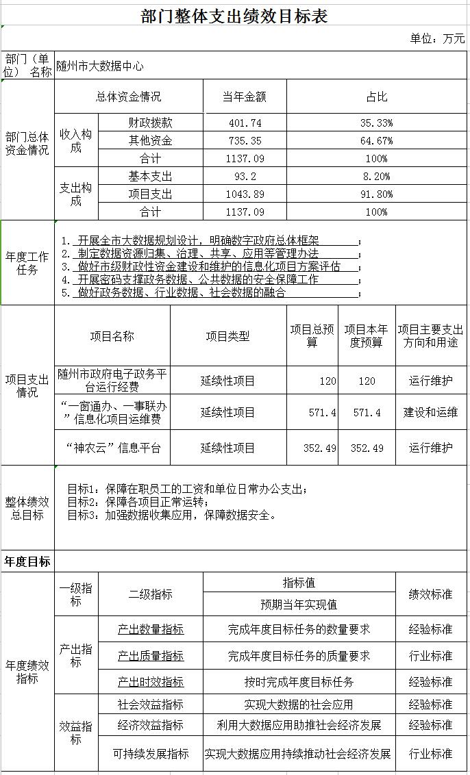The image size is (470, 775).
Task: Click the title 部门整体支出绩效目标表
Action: (234, 16)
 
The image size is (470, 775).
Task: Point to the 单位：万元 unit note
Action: (437, 39)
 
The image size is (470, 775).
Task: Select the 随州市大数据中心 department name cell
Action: (100, 66)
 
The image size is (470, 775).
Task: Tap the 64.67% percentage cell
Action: (376, 141)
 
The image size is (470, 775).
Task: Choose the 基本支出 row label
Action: (151, 177)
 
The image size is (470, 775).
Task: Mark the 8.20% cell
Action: (376, 177)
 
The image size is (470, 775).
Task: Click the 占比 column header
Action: (376, 97)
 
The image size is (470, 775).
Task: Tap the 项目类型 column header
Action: (227, 336)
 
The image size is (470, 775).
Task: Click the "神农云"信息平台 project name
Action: (113, 448)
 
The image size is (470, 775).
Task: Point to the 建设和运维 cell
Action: (430, 413)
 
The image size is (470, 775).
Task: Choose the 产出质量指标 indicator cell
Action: (151, 656)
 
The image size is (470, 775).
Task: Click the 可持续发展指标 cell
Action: (151, 754)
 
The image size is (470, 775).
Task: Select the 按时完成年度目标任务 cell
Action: (299, 682)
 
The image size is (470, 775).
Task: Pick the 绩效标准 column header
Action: (430, 594)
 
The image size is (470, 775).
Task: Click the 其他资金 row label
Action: (151, 141)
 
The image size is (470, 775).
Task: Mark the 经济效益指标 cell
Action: (151, 725)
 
